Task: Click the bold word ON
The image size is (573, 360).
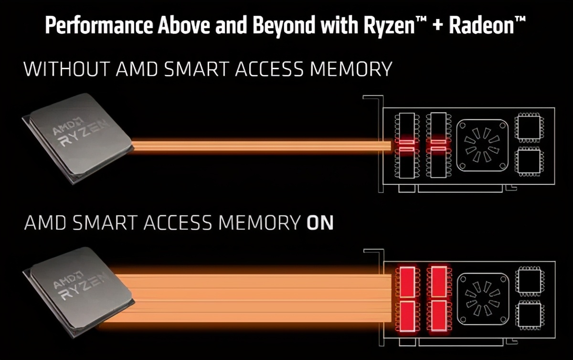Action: coord(320,223)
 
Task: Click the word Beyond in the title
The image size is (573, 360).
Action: coord(284,25)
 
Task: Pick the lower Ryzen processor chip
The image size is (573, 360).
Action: coord(79,291)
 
